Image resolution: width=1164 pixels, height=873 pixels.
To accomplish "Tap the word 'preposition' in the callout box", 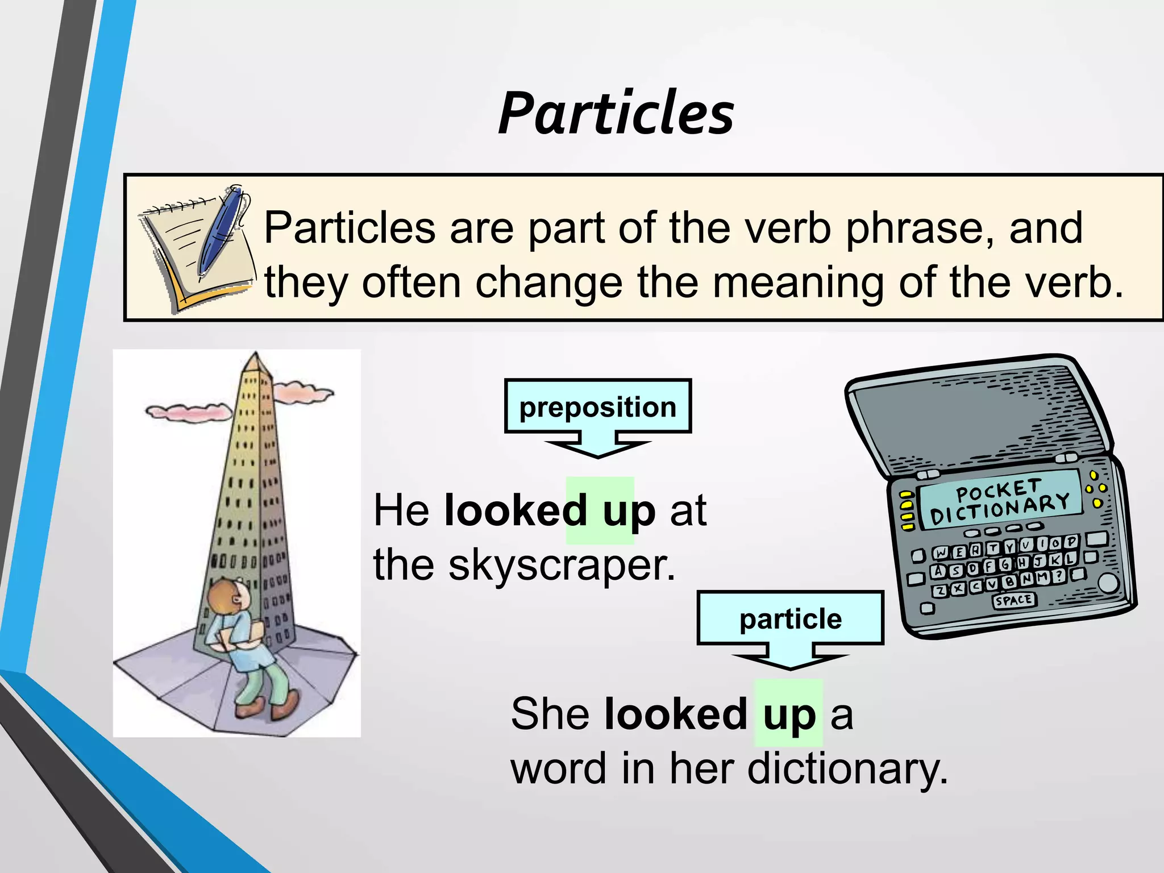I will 597,407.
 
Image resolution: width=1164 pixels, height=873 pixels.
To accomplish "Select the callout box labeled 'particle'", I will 790,618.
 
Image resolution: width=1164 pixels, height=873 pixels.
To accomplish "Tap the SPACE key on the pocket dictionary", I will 1013,600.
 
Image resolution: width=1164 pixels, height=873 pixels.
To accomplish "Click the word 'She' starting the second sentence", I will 550,714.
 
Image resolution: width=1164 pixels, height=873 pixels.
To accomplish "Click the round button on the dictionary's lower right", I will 1108,583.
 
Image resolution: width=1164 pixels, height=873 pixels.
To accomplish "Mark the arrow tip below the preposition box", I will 598,455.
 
